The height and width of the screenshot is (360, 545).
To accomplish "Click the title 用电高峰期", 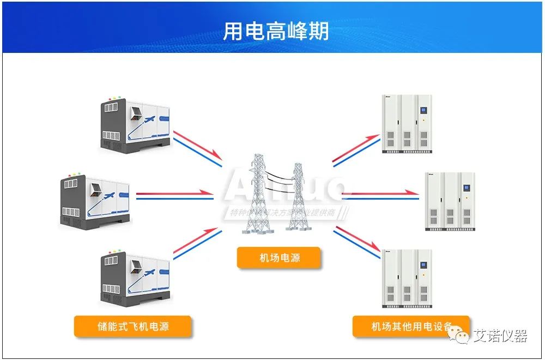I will point(276,31).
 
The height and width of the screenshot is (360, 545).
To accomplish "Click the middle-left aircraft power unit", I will point(95,200).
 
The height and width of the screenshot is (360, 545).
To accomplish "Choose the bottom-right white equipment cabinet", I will point(408,278).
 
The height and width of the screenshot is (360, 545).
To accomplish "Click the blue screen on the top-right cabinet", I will point(423,112).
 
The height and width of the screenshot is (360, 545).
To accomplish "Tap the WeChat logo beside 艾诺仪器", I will point(462,336).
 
